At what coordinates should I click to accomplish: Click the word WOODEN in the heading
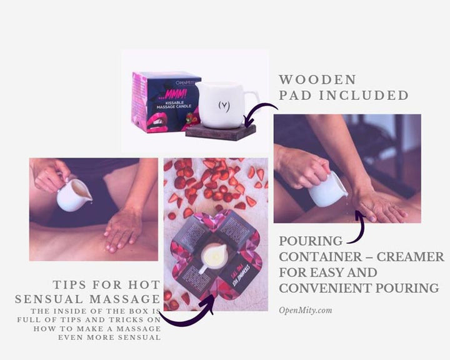tap(317, 79)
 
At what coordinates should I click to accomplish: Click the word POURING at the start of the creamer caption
tap(311, 241)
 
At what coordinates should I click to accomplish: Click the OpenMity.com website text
tap(306, 310)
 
